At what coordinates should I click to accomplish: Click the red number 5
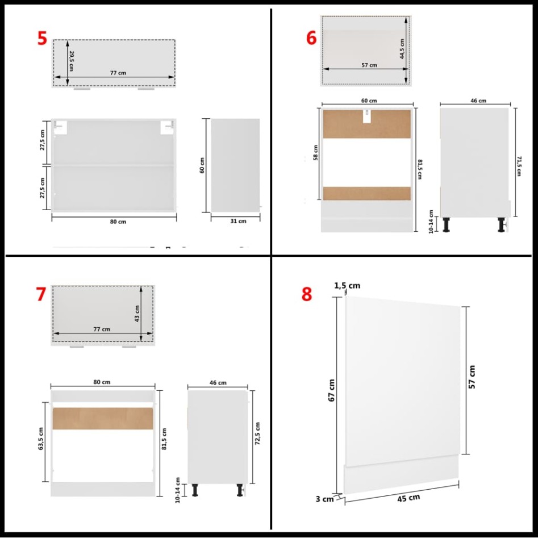(42, 38)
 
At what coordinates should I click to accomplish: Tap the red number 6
(311, 37)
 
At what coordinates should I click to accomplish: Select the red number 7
(40, 294)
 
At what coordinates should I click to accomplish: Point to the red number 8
(307, 294)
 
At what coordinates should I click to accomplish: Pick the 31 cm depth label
(239, 222)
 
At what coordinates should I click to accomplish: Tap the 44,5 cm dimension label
(401, 49)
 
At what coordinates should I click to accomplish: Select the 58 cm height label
(316, 153)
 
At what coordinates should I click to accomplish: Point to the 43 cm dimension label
(136, 312)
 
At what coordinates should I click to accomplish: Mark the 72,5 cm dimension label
(258, 433)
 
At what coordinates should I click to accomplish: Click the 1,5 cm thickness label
(347, 286)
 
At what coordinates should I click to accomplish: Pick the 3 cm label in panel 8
(324, 499)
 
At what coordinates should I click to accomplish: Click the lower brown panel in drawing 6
(366, 193)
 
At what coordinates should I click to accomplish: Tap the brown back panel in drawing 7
(103, 418)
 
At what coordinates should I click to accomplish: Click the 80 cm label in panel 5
(118, 222)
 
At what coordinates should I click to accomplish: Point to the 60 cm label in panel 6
(370, 101)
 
